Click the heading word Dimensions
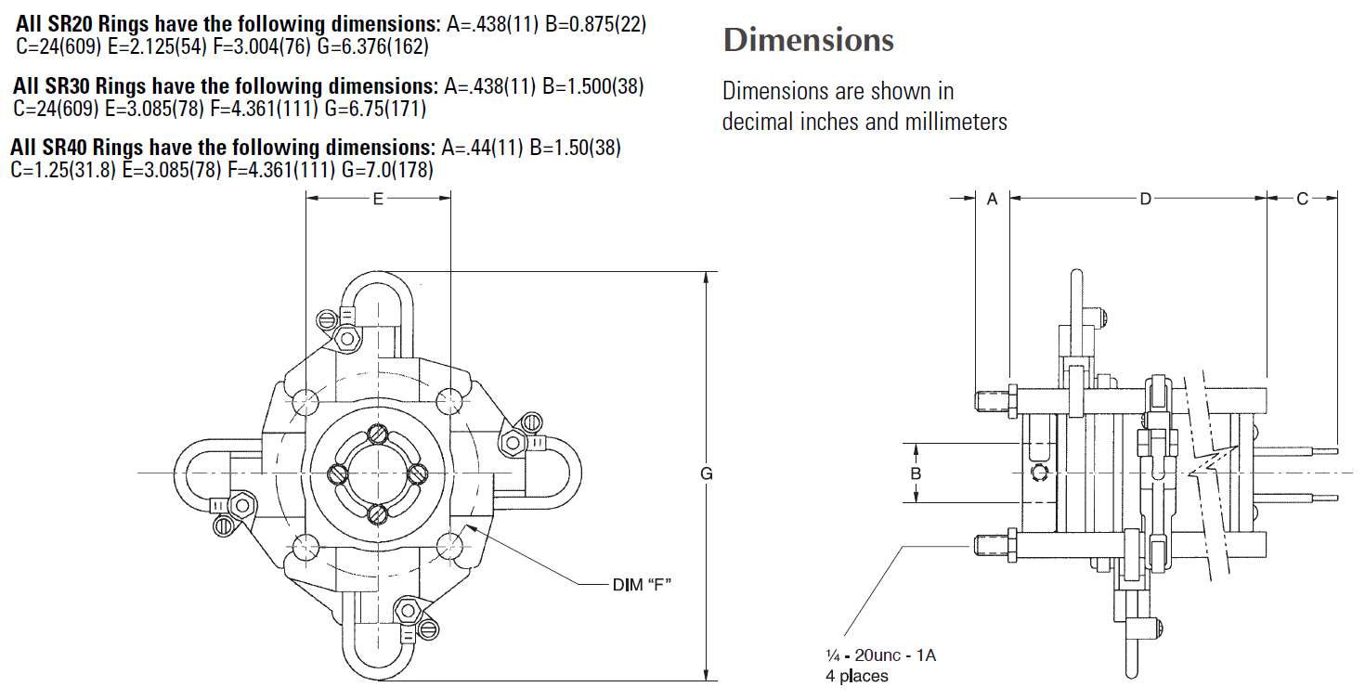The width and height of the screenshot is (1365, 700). pyautogui.click(x=808, y=40)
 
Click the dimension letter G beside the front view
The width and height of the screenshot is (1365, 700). pyautogui.click(x=706, y=473)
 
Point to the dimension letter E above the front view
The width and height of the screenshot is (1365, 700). pyautogui.click(x=378, y=197)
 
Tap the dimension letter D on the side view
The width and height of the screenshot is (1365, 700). pyautogui.click(x=1145, y=198)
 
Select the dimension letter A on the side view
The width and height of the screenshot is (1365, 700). pyautogui.click(x=992, y=198)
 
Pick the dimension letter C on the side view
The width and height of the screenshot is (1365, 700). pyautogui.click(x=1303, y=198)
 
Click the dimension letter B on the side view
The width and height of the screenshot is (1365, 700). pyautogui.click(x=916, y=473)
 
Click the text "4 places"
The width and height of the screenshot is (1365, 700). pyautogui.click(x=856, y=676)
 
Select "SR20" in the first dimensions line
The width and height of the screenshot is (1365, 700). pyautogui.click(x=71, y=25)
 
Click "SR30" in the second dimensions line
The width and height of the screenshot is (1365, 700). pyautogui.click(x=68, y=86)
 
